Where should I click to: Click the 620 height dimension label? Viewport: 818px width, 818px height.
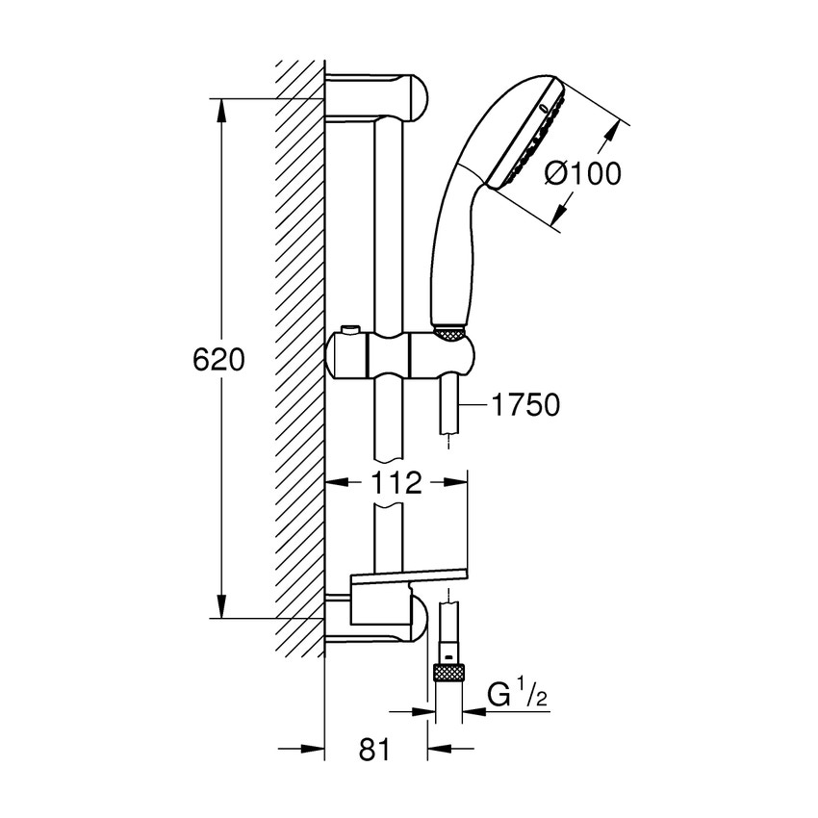click(x=219, y=360)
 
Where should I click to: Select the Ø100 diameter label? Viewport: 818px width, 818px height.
click(x=582, y=173)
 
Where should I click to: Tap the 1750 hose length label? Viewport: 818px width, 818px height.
click(x=525, y=405)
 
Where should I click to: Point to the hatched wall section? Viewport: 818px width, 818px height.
click(x=298, y=356)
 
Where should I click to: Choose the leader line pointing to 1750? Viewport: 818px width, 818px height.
click(x=473, y=405)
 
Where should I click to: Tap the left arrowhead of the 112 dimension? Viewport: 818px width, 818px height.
click(x=337, y=483)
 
